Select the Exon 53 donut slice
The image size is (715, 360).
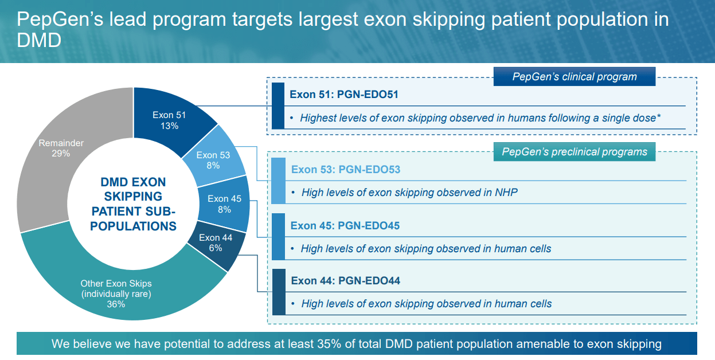(x=213, y=160)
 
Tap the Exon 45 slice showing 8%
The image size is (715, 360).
(x=224, y=204)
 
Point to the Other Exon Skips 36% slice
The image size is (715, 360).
(x=116, y=293)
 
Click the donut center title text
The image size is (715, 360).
(x=133, y=204)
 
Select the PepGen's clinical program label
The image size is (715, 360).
(x=574, y=77)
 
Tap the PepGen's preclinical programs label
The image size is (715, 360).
(x=574, y=152)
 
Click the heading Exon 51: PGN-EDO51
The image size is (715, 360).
(x=344, y=94)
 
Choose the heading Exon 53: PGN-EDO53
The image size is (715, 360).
(x=345, y=170)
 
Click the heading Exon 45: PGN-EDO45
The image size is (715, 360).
(x=345, y=226)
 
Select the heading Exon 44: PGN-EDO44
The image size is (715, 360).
(x=345, y=281)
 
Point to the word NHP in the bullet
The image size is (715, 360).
(x=506, y=193)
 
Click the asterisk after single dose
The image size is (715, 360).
(x=659, y=116)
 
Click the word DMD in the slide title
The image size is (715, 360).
(x=39, y=41)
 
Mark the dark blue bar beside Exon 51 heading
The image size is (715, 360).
(x=278, y=105)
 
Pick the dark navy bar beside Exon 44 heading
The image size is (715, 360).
(x=278, y=292)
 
